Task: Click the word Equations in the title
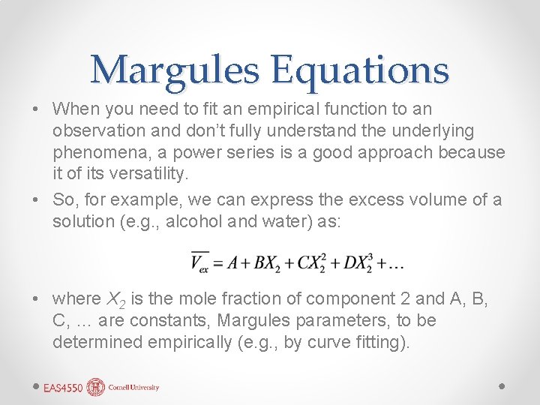click(x=360, y=70)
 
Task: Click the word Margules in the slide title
click(x=175, y=70)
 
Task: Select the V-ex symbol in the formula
click(x=199, y=262)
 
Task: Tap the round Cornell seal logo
click(x=96, y=387)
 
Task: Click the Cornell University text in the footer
click(x=133, y=388)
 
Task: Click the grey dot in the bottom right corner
click(x=502, y=385)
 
